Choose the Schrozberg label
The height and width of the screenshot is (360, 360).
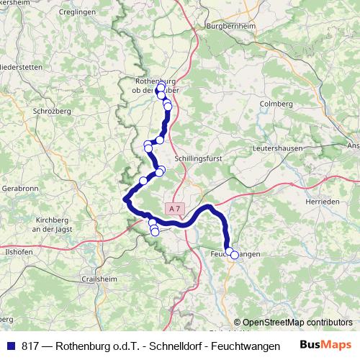(51, 112)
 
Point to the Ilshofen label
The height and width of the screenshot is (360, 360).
(19, 253)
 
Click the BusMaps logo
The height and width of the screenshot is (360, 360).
(325, 345)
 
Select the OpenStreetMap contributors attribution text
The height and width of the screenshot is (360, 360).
(297, 323)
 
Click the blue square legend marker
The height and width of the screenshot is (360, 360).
(10, 346)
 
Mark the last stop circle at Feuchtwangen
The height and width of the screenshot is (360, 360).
(234, 255)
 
